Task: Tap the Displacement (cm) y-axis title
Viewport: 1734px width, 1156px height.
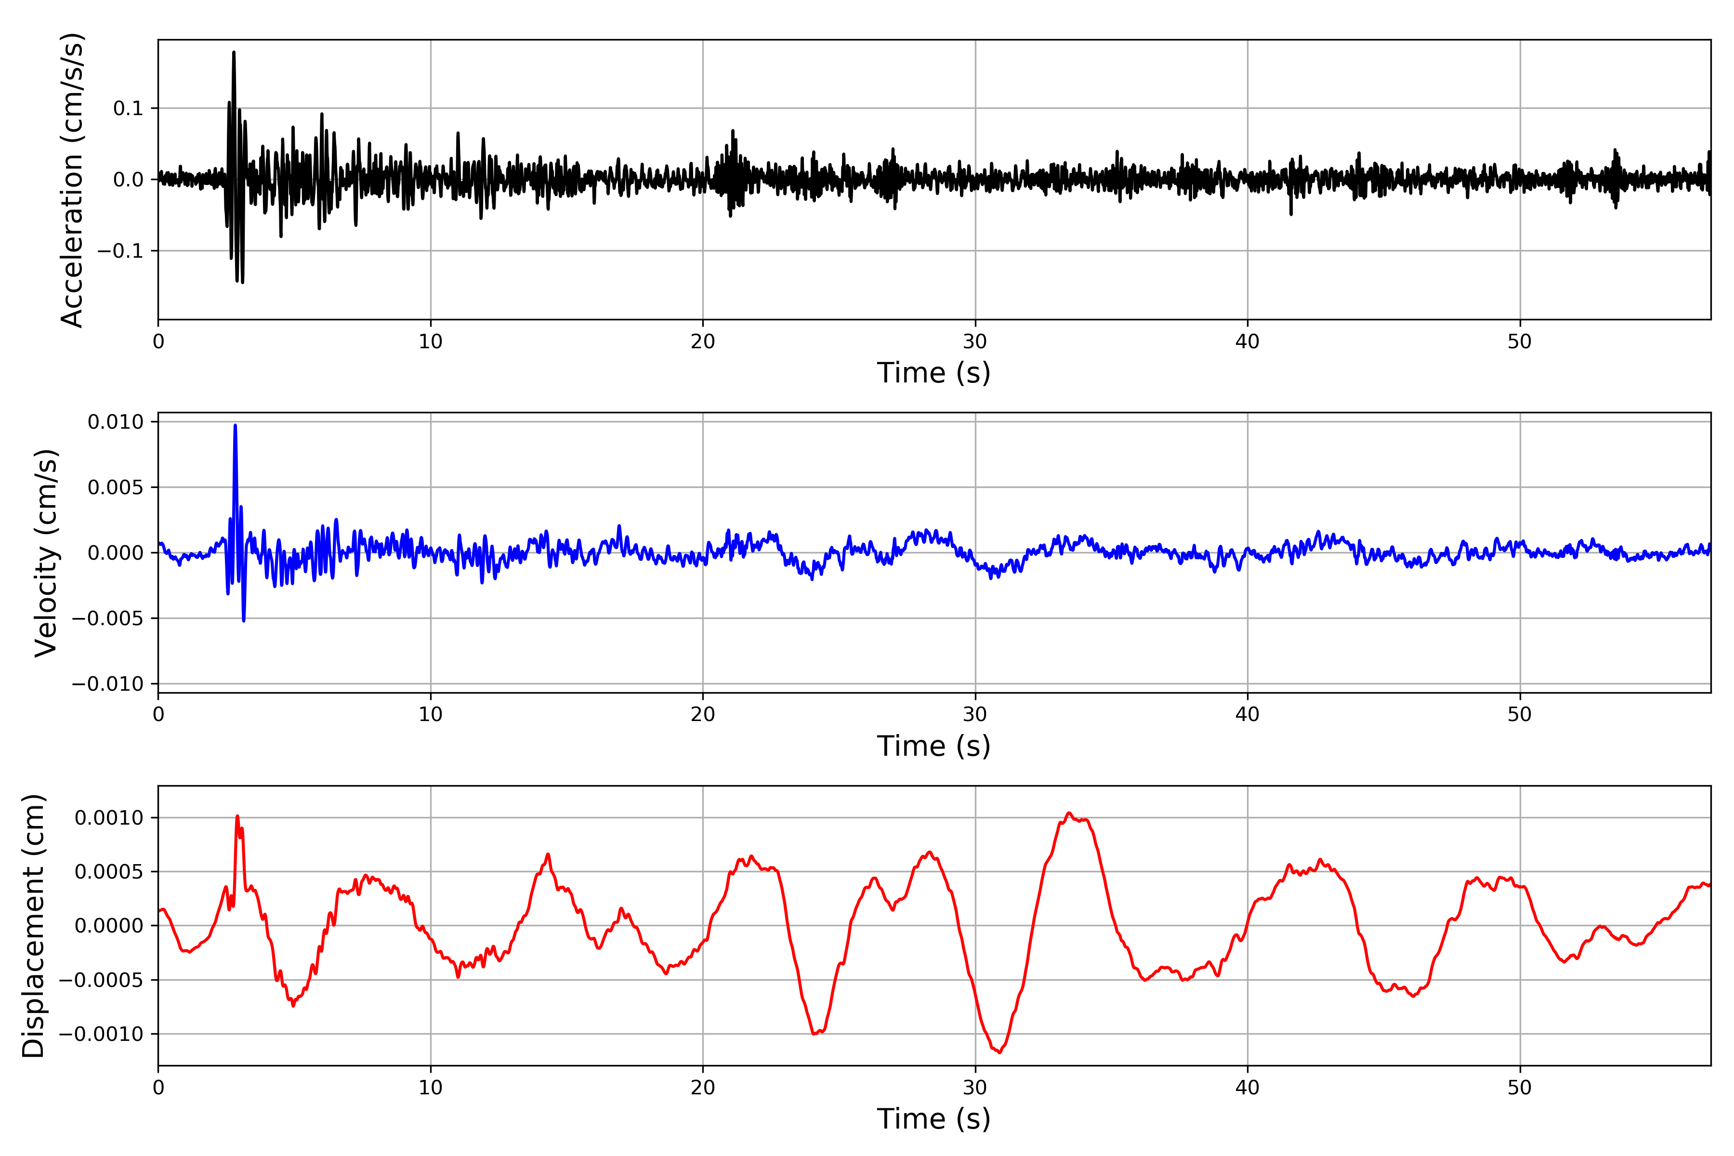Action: coord(33,926)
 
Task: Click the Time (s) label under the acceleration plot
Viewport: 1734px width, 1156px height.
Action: coord(933,373)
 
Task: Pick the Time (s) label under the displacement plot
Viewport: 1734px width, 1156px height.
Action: coord(933,1119)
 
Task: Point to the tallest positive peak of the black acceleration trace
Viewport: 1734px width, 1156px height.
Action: coord(234,53)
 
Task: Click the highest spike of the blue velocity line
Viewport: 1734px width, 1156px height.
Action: coord(235,425)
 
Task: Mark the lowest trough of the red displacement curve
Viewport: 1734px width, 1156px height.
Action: coord(1000,1052)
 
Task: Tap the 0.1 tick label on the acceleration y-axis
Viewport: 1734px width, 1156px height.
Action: coord(128,109)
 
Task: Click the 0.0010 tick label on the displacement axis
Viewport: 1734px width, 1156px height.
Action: coord(109,817)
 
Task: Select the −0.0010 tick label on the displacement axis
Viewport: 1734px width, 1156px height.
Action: coord(102,1034)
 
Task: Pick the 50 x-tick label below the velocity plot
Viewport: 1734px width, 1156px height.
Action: coord(1520,714)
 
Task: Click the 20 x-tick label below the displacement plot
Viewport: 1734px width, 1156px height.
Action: coord(703,1088)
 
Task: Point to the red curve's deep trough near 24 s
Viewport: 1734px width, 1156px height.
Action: coord(814,1034)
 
